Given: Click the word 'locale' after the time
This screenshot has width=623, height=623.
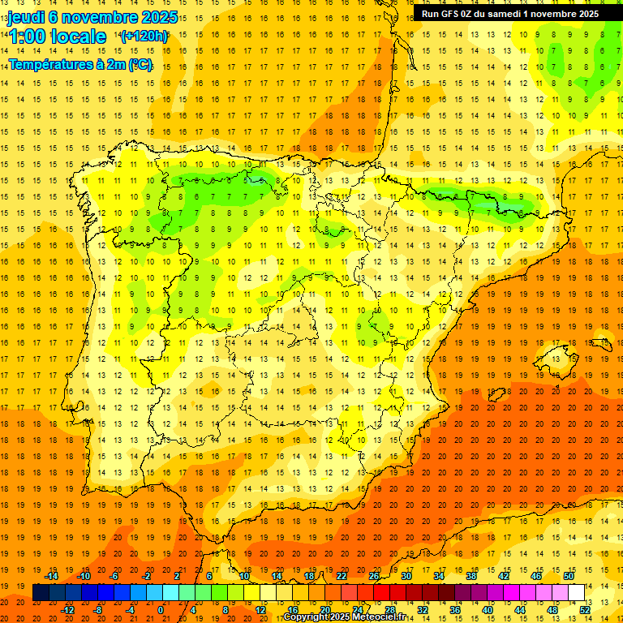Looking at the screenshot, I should click(x=78, y=37).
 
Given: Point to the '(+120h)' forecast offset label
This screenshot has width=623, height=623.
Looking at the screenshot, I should click(x=144, y=37).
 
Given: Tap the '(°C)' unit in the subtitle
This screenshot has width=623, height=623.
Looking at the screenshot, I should click(x=140, y=64).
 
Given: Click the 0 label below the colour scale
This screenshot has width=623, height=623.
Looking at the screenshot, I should click(x=161, y=609).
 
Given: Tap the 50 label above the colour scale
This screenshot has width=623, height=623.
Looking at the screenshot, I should click(x=569, y=576).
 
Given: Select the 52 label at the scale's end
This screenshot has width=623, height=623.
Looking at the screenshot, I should click(x=585, y=609).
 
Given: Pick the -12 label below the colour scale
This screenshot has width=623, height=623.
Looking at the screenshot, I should click(x=67, y=609).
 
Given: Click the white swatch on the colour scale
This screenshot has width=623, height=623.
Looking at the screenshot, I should click(x=577, y=592).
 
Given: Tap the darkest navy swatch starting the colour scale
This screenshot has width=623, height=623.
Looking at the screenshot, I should click(x=41, y=592).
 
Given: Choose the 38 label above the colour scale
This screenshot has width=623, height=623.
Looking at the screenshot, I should click(x=471, y=576).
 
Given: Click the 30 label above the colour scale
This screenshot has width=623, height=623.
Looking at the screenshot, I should click(x=406, y=576).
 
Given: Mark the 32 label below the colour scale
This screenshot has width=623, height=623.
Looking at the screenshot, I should click(x=423, y=609).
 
